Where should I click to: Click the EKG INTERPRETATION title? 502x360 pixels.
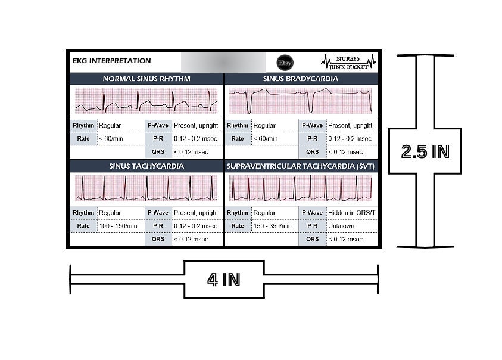[112, 61]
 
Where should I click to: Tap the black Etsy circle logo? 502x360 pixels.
[285, 63]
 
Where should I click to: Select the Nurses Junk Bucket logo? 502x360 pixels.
[348, 62]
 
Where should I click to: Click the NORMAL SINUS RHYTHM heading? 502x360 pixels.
[146, 79]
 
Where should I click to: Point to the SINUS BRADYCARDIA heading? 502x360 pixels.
[301, 79]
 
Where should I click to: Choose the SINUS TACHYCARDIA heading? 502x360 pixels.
[146, 166]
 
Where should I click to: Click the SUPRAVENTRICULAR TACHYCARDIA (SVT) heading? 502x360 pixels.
[301, 166]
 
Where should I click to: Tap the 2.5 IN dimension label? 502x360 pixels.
[425, 151]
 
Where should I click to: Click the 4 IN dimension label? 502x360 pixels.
[224, 280]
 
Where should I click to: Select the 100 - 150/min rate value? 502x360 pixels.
[118, 226]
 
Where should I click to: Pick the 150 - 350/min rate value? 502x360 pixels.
[273, 226]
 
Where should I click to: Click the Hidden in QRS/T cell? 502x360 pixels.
[352, 213]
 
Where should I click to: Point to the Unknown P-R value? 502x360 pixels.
[341, 226]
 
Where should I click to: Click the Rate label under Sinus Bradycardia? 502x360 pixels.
[238, 138]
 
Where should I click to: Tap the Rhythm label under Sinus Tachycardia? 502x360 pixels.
[83, 213]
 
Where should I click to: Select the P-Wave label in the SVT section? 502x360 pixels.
[313, 213]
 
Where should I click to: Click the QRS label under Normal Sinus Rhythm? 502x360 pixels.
[158, 151]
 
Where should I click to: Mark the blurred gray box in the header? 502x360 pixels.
[223, 63]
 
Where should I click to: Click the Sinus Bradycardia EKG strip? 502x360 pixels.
[301, 101]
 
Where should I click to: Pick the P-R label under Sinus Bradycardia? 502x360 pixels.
[313, 138]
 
